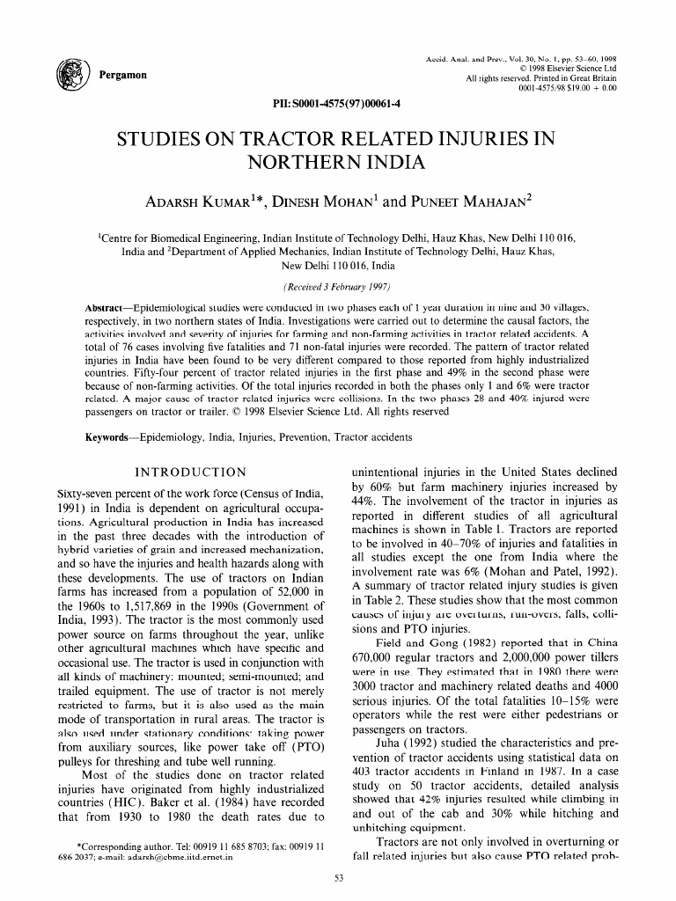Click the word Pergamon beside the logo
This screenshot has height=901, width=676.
(123, 75)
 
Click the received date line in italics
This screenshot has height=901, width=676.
(337, 287)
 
